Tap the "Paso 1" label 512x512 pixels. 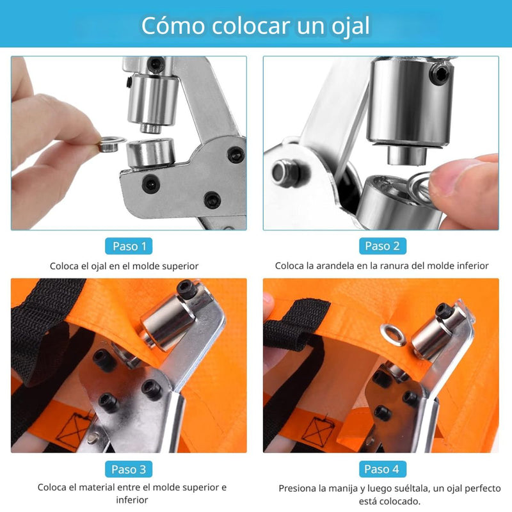129,246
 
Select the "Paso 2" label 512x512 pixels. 381,246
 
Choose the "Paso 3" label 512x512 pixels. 129,469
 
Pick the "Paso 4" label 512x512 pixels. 381,469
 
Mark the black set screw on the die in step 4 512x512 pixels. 445,311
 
